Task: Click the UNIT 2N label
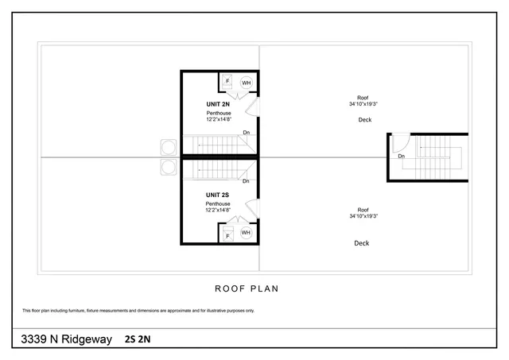click(x=218, y=104)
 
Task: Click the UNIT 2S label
click(x=218, y=195)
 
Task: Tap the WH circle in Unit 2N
click(x=246, y=82)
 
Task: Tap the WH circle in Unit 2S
click(x=246, y=233)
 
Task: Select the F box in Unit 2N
click(x=227, y=81)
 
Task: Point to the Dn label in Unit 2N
click(x=247, y=132)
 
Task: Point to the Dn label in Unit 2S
click(x=246, y=181)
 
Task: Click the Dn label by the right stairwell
click(x=402, y=157)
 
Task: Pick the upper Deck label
click(x=364, y=120)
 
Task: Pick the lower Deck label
click(x=361, y=243)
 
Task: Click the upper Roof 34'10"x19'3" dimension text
click(x=363, y=100)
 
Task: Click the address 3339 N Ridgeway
click(x=66, y=339)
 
